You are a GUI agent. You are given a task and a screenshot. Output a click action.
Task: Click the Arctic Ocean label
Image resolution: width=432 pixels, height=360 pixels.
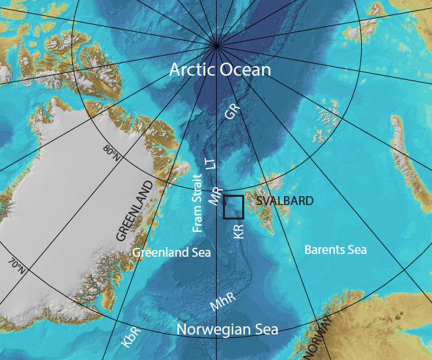[220, 70]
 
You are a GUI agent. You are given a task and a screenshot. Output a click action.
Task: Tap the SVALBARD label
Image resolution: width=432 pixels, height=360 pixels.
[284, 202]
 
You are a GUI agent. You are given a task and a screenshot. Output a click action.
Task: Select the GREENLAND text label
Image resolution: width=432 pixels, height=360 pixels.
[134, 211]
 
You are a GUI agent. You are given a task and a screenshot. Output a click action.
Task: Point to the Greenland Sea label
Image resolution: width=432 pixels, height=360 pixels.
[171, 253]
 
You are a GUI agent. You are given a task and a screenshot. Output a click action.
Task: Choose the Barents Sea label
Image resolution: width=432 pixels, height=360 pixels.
[335, 250]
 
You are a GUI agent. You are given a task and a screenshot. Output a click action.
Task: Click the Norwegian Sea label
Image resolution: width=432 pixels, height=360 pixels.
[228, 330]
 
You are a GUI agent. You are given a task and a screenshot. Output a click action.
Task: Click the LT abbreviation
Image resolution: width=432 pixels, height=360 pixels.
[211, 162]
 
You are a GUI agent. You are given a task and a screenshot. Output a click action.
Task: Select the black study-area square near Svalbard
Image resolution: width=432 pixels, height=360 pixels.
[234, 207]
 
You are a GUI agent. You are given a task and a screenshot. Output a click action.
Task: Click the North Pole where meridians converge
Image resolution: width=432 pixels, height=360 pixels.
[217, 45]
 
